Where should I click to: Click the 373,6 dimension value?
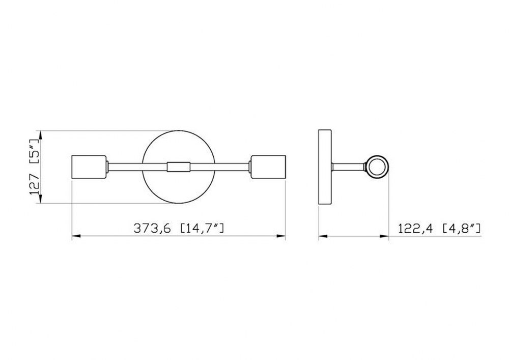[152, 229]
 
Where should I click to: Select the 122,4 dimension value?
[415, 229]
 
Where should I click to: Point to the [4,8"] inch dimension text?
[462, 229]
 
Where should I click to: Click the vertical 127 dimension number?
[35, 184]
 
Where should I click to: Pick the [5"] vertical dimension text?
[35, 152]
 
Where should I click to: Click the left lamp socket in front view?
[89, 167]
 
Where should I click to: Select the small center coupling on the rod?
[178, 167]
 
